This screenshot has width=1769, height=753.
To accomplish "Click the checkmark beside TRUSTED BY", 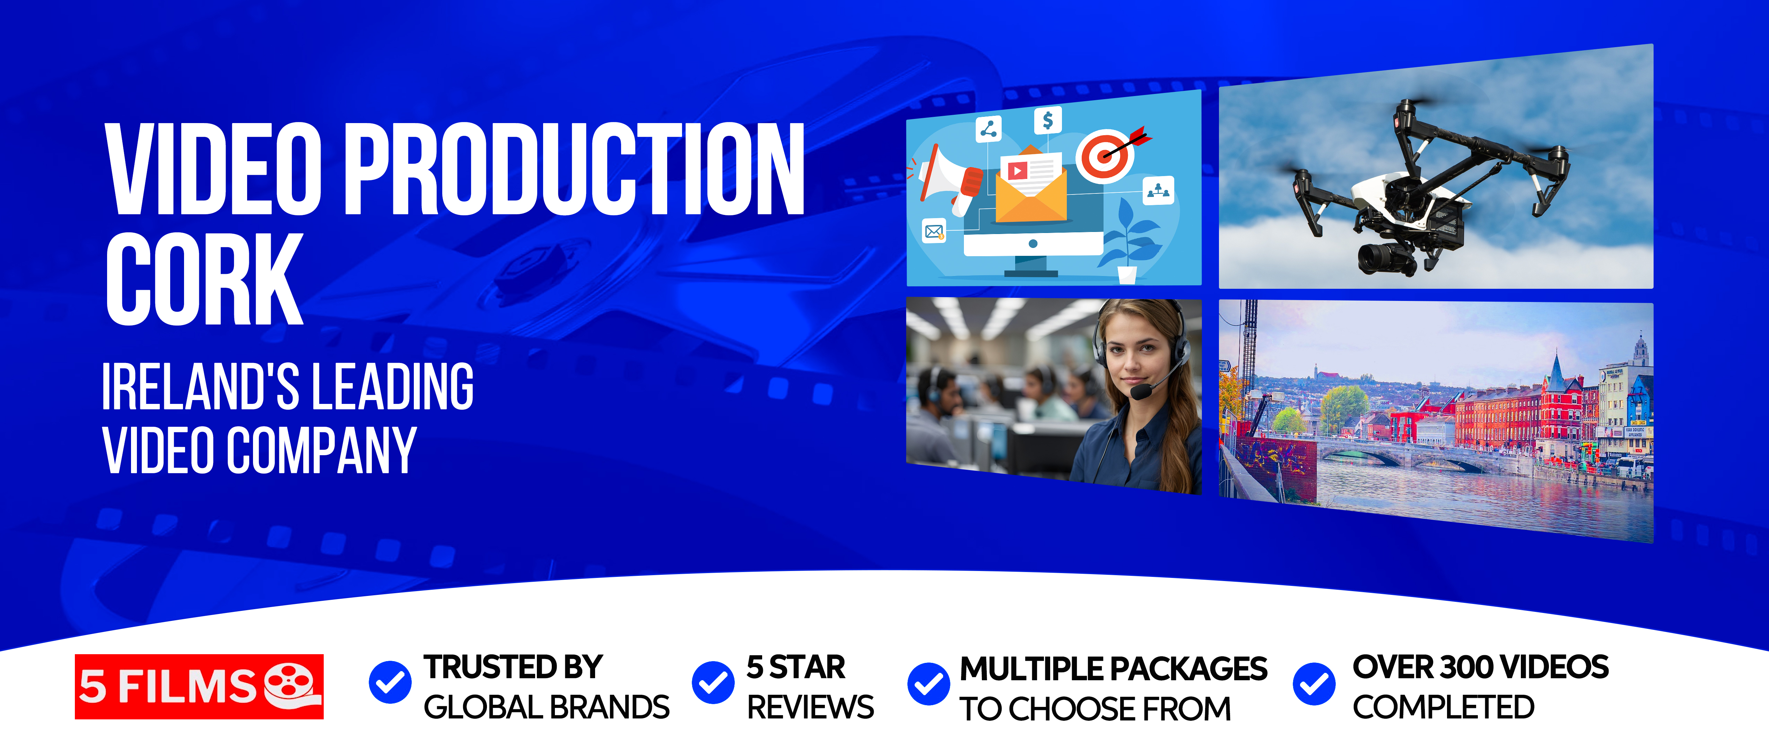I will [x=390, y=682].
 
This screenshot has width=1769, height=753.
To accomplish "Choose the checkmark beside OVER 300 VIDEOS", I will [x=1314, y=684].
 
